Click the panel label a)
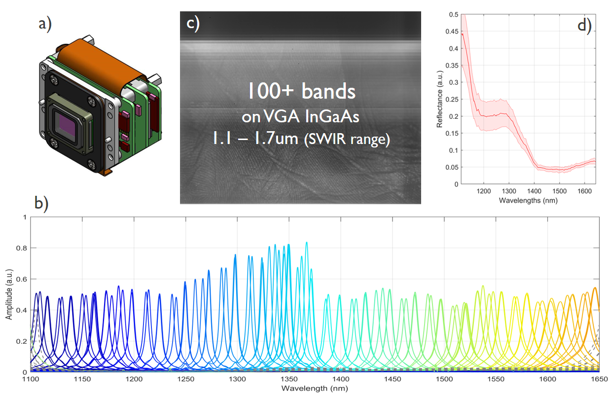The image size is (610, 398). point(45,23)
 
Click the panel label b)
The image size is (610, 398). point(41,203)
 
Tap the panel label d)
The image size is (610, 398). point(584,24)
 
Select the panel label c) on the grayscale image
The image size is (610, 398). point(193,24)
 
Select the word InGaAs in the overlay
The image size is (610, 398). point(334,117)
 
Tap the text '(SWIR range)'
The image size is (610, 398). point(347,140)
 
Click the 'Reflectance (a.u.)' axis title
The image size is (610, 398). point(440,99)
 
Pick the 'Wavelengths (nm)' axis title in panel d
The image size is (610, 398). point(528,201)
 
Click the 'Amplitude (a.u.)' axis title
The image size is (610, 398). point(9,294)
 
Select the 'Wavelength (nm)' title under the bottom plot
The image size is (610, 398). point(314,388)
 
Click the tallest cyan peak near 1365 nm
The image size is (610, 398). point(306,243)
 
